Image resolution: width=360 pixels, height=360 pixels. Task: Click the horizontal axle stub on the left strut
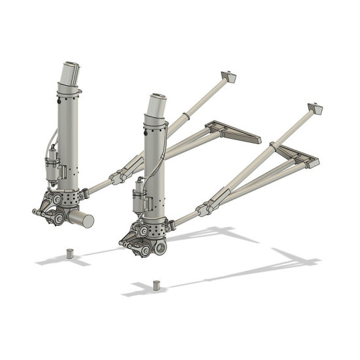click(81, 219)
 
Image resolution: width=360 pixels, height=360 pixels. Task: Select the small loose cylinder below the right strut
click(156, 285)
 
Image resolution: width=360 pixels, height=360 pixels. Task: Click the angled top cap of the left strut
click(71, 72)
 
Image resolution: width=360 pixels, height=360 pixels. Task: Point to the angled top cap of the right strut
click(156, 105)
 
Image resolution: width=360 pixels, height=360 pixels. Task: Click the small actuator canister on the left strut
click(50, 170)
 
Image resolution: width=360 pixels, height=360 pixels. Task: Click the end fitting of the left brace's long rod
click(228, 77)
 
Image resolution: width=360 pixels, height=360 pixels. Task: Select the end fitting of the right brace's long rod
click(315, 108)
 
